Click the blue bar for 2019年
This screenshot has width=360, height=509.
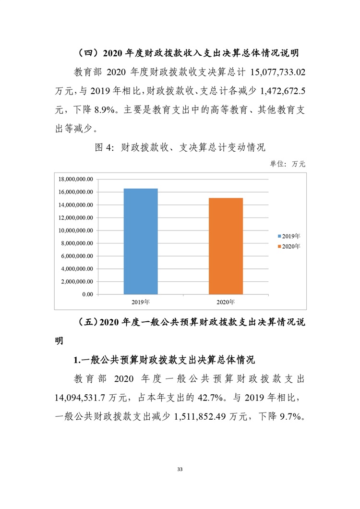click(x=140, y=241)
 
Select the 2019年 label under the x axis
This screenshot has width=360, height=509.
click(x=140, y=302)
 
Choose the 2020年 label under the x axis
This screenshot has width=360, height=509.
click(x=226, y=302)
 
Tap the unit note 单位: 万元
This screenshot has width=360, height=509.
click(x=288, y=164)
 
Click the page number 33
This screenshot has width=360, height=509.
click(x=180, y=469)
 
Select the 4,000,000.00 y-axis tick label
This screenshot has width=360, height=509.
click(x=77, y=269)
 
